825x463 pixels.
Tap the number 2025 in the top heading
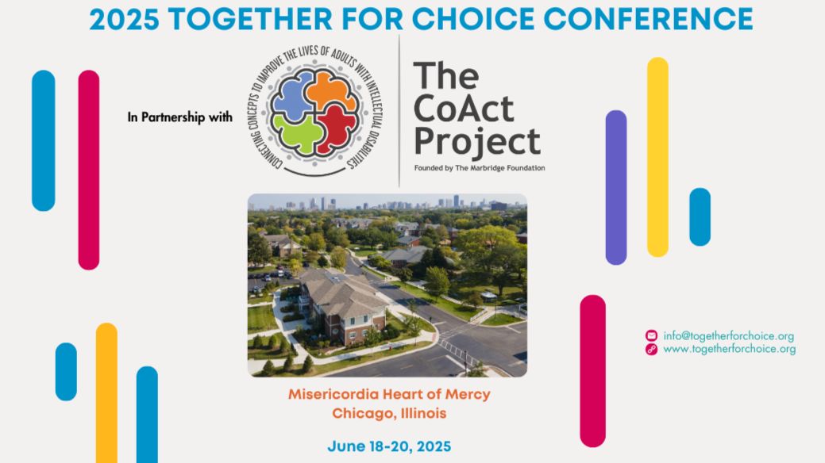point(124,20)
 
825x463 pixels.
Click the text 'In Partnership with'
point(180,117)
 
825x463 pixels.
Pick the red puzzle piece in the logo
point(337,128)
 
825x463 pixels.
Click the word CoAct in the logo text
point(464,109)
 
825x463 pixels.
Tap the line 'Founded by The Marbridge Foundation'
point(480,168)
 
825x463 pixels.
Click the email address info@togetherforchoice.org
point(729,336)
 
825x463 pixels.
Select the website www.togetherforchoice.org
point(729,349)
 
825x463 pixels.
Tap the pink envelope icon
point(651,336)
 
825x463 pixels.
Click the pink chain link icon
point(651,349)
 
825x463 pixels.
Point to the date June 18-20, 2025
point(389,446)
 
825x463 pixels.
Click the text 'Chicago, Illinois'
point(389,413)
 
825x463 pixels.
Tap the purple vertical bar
point(616,187)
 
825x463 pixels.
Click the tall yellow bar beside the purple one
point(657,157)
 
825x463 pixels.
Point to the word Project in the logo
point(477,143)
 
